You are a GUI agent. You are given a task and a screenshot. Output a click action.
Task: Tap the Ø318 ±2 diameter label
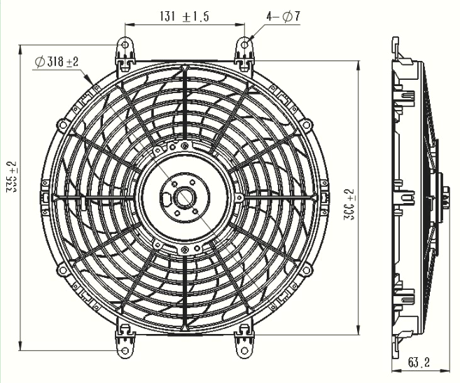[57, 62]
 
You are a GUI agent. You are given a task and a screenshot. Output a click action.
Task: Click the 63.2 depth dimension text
[419, 363]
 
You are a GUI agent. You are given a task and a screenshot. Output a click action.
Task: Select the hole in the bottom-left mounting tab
[125, 349]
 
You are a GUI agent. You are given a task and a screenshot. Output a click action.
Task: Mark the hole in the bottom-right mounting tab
[245, 349]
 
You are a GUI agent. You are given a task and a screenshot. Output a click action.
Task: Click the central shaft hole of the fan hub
[186, 197]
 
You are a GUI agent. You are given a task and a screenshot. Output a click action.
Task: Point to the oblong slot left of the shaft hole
[165, 198]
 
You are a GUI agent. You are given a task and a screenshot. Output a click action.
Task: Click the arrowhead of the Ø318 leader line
[97, 90]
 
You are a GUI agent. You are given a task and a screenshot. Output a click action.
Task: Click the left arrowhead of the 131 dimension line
[129, 25]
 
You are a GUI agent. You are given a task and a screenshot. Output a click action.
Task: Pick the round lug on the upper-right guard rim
[306, 125]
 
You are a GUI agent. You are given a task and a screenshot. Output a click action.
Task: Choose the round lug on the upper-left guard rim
[63, 125]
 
